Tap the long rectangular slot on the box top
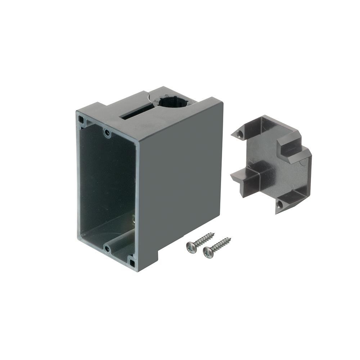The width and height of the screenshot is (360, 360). click(136, 113)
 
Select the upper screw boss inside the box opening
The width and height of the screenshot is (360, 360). click(107, 133)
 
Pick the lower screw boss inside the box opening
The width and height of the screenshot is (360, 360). click(107, 248)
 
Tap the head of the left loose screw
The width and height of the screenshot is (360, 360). click(192, 247)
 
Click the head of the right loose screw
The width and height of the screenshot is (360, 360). click(208, 252)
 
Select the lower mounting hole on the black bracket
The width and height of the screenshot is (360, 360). click(280, 205)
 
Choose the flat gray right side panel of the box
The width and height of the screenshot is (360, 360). click(180, 180)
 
